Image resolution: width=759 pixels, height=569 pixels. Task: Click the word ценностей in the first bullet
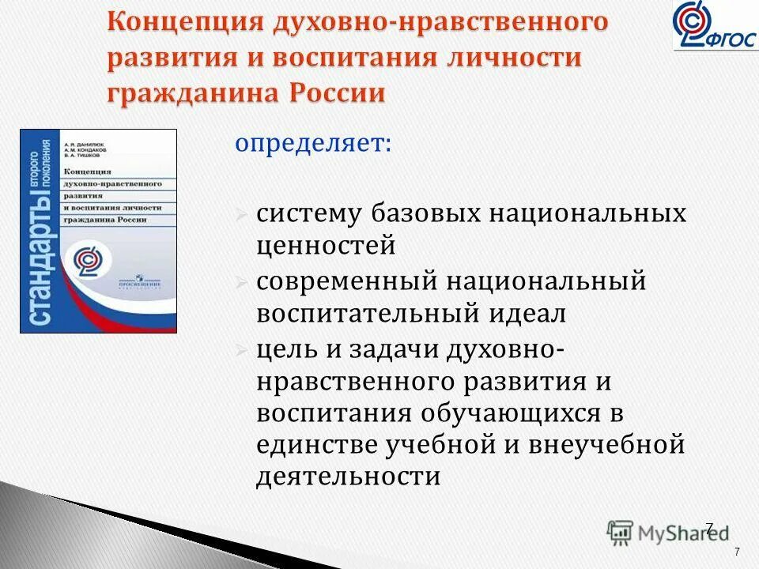pos(326,247)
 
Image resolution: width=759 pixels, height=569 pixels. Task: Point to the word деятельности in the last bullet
pos(348,477)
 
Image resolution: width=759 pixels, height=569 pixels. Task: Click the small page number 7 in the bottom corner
pos(737,552)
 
